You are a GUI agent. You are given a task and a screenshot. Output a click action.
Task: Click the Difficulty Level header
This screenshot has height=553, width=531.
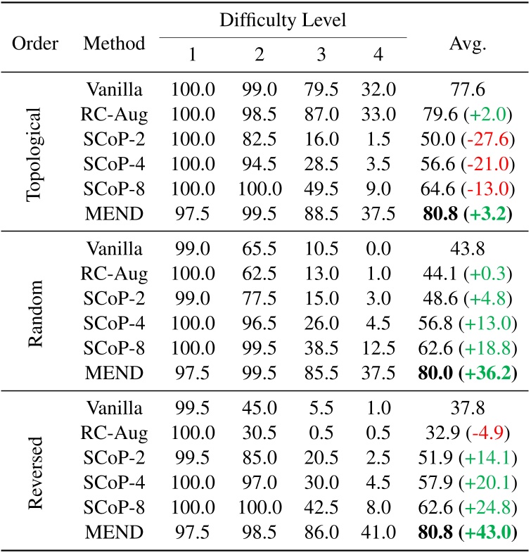pyautogui.click(x=283, y=20)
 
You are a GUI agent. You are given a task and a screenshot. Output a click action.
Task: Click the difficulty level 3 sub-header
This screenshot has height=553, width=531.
pyautogui.click(x=321, y=56)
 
